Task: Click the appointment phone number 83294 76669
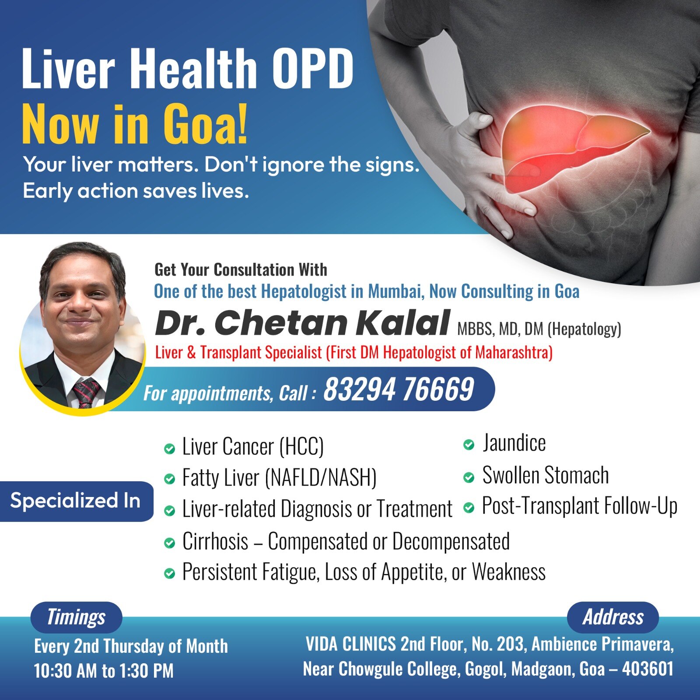399,389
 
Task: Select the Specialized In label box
76,501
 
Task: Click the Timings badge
76,617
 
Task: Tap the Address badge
612,617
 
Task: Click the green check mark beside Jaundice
469,445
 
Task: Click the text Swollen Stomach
546,475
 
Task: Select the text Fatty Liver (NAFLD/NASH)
280,477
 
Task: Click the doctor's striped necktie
86,392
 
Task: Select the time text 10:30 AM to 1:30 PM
104,671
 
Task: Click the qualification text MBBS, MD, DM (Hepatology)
539,329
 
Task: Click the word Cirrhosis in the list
215,541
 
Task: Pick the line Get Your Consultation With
241,269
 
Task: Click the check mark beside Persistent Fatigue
169,573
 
